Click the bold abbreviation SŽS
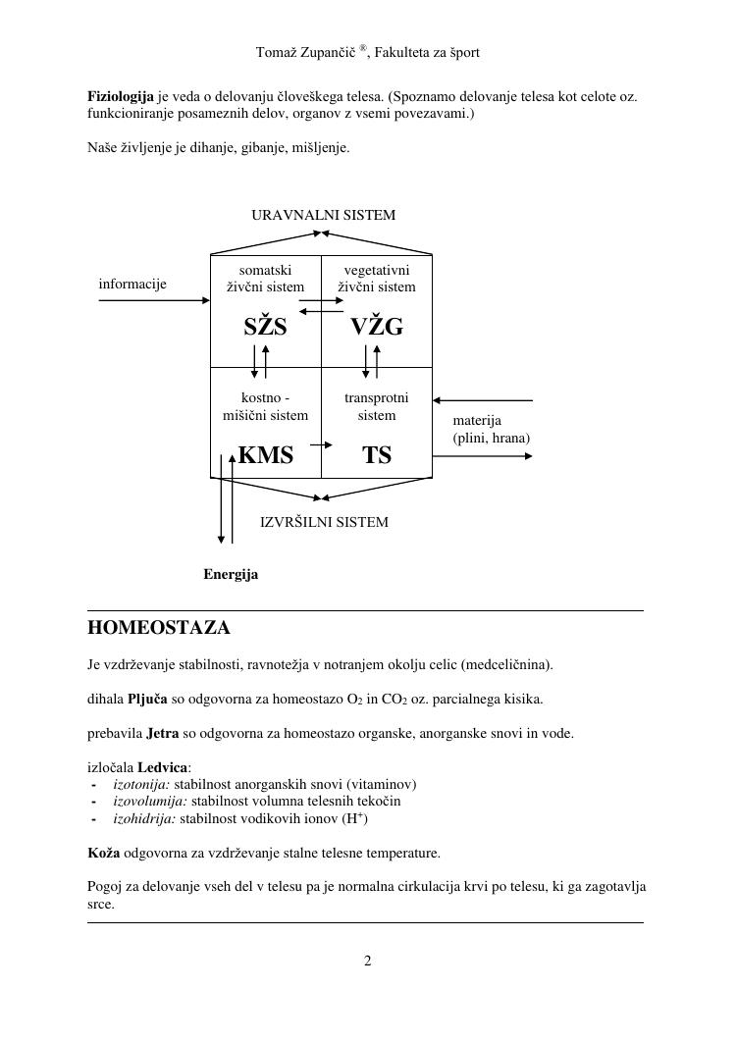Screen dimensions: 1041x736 (265, 328)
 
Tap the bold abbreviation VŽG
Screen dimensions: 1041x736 (377, 328)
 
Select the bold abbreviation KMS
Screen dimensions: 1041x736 (265, 455)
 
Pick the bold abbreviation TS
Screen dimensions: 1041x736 (377, 455)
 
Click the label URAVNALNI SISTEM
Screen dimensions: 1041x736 (324, 215)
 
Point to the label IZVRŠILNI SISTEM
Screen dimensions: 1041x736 (324, 522)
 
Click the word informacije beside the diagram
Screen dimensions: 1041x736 (132, 285)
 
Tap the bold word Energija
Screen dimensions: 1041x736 (231, 575)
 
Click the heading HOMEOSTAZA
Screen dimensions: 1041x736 (158, 628)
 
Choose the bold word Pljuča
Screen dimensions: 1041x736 (147, 700)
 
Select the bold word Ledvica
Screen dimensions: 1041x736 (162, 766)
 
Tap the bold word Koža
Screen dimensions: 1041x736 (104, 853)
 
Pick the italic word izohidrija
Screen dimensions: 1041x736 (144, 817)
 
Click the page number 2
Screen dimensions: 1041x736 (368, 961)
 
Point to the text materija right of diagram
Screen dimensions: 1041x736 (477, 421)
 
